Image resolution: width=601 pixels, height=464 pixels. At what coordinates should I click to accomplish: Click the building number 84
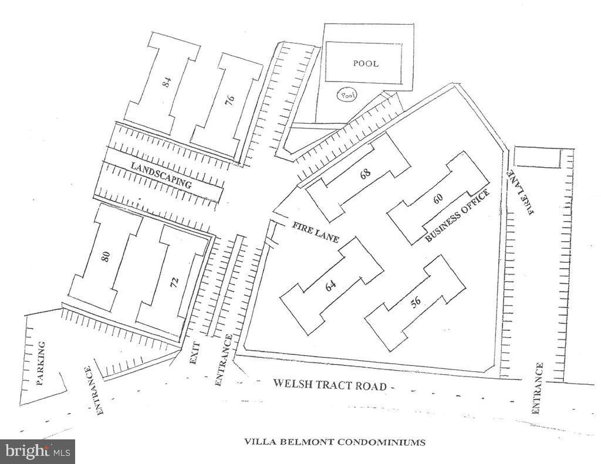point(167,82)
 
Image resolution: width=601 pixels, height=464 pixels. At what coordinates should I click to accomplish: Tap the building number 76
point(229,100)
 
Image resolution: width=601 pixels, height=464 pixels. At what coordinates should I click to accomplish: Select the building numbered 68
point(365,174)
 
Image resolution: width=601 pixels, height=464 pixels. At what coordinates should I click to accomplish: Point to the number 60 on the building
point(438,198)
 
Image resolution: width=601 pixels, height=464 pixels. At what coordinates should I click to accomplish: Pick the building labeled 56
point(416,302)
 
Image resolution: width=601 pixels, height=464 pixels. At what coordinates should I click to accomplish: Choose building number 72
point(174,282)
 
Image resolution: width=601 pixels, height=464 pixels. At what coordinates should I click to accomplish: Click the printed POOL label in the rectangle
point(366,63)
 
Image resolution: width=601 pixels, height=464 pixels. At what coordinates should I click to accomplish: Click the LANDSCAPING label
point(161,175)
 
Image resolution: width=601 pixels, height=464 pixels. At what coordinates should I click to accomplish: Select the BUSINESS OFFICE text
point(458,216)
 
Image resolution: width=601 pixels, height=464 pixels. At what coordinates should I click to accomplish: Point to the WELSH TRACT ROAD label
point(330,384)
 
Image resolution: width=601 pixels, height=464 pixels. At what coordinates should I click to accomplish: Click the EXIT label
point(195,353)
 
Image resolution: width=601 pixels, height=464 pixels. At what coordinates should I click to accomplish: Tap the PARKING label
point(40,364)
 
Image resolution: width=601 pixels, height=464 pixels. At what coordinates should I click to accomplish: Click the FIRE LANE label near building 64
point(316,232)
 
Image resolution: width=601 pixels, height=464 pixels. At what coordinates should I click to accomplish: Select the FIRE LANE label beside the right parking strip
point(521,192)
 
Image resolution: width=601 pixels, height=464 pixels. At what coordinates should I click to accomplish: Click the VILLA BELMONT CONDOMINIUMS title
point(335,442)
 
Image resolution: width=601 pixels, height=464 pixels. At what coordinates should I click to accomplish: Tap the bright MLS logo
point(38,451)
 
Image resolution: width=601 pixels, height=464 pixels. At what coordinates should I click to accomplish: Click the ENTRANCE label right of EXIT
point(223,360)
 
